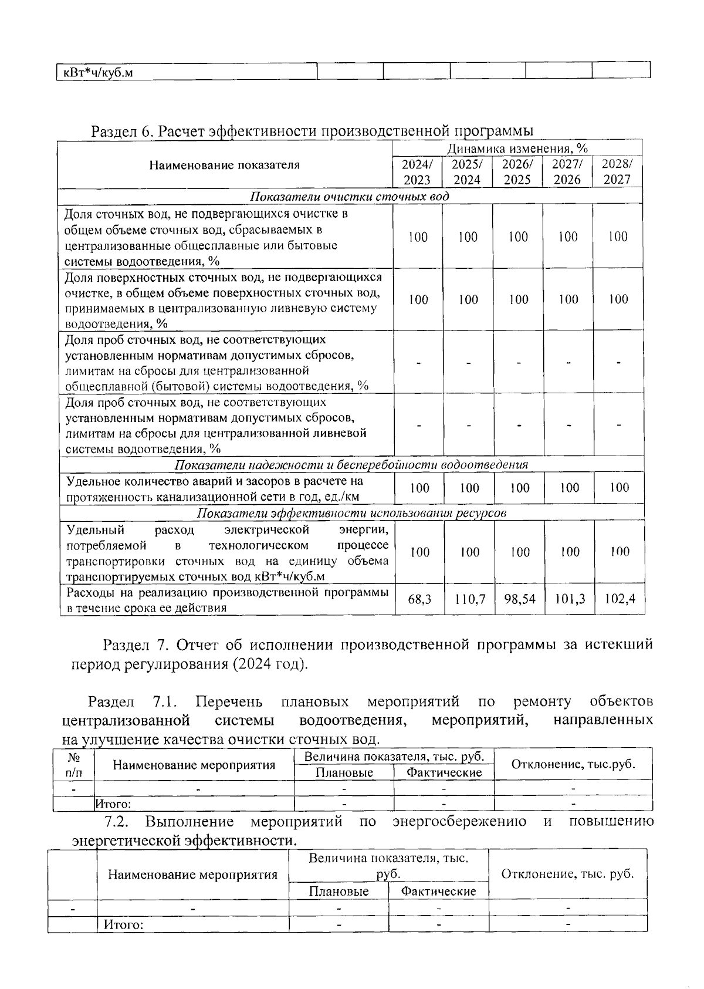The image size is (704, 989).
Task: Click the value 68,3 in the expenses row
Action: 419,600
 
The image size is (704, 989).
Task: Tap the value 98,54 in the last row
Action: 519,600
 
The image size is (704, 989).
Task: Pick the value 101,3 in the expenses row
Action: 570,600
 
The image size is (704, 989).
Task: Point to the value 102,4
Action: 620,600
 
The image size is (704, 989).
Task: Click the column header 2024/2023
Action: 417,172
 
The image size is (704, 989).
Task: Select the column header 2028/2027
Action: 617,172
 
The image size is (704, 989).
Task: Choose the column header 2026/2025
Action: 517,172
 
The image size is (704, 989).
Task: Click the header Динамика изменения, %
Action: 518,148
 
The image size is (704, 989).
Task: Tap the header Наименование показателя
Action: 224,165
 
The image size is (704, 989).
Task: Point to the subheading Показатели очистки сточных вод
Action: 350,196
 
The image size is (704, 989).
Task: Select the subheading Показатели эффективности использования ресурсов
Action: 351,513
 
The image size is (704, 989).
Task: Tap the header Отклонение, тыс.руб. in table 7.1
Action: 573,764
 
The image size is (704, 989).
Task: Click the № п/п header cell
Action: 73,765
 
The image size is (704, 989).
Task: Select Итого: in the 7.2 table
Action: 124,925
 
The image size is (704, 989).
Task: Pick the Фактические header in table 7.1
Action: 444,772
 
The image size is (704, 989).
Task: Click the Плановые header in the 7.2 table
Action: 339,892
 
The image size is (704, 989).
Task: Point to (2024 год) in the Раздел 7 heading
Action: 269,664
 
